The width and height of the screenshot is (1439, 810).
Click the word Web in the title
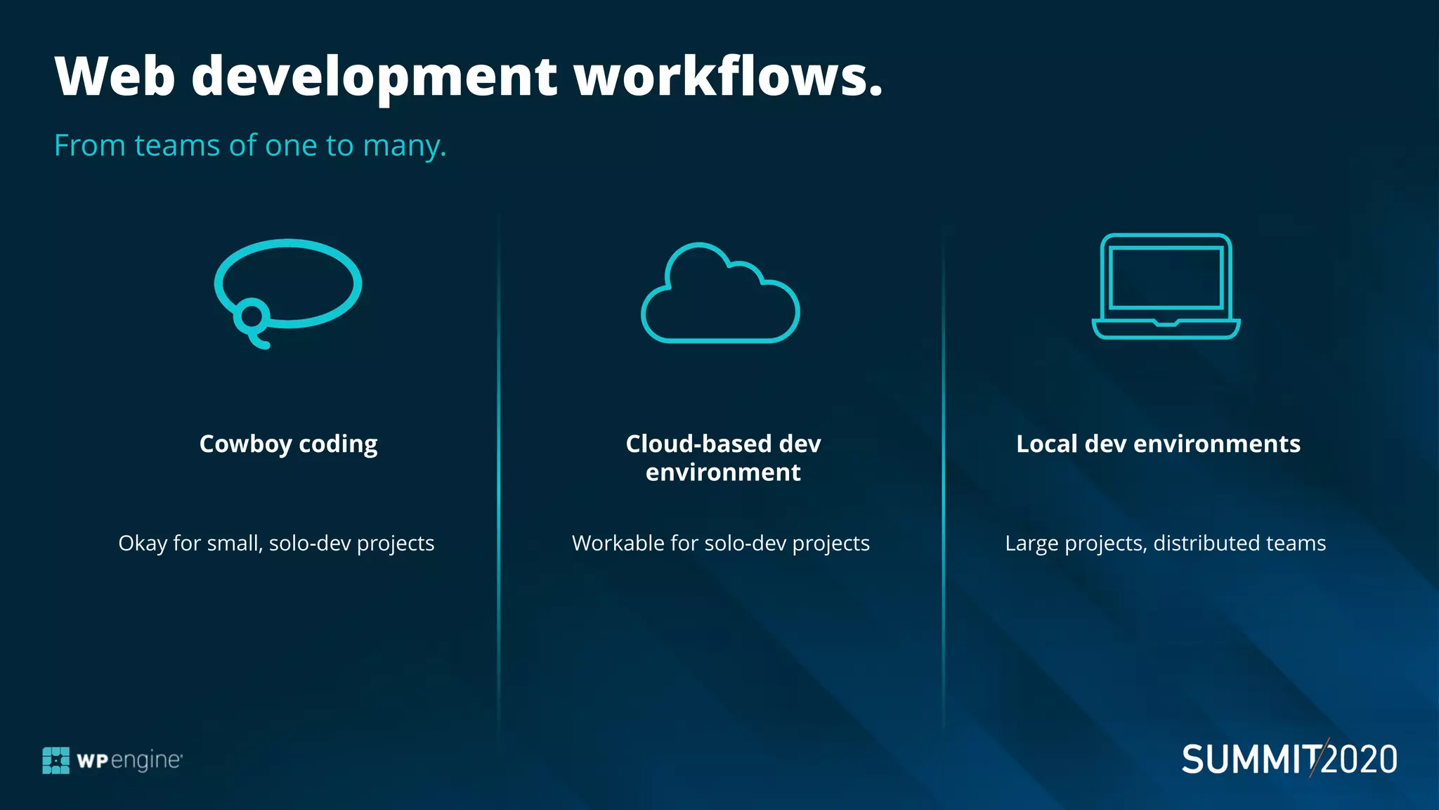click(115, 76)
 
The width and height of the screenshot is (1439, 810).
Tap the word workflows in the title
click(728, 76)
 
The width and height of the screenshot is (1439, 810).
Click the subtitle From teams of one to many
click(250, 146)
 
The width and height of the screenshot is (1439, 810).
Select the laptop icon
click(1166, 286)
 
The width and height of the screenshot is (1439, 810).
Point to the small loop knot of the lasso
click(250, 316)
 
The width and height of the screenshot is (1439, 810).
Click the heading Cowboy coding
click(288, 444)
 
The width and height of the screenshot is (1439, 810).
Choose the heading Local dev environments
click(1158, 444)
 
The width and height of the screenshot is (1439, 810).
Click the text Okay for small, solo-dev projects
click(276, 544)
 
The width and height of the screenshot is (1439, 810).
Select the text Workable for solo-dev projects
click(720, 544)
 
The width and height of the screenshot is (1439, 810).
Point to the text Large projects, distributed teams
click(1165, 544)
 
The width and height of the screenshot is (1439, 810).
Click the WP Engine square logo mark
click(56, 760)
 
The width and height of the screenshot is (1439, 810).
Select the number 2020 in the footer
click(1360, 760)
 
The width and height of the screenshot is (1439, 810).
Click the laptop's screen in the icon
click(1166, 278)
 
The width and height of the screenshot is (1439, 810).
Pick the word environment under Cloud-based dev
click(723, 472)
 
